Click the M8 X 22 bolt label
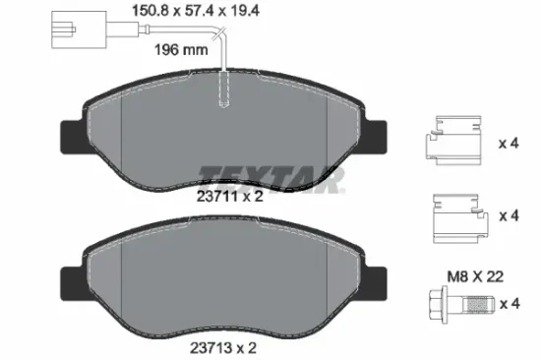pos(476,278)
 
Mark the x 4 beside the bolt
pos(508,303)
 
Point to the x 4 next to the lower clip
pos(508,215)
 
